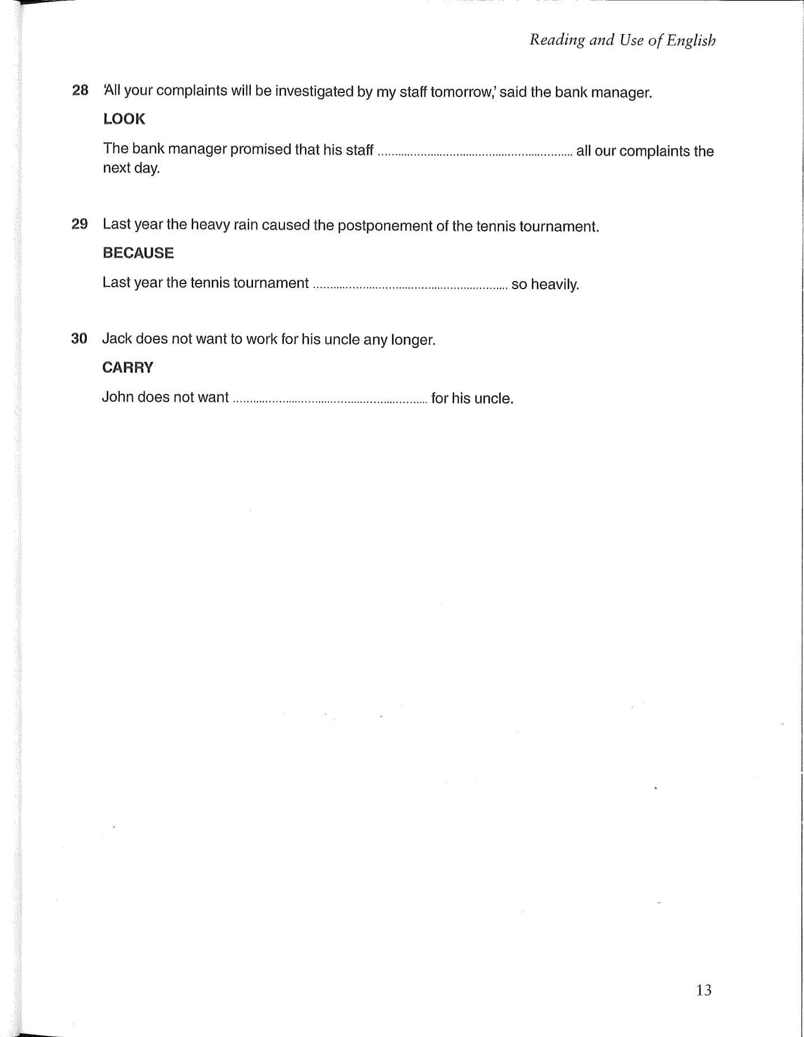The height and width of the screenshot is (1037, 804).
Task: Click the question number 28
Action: (x=80, y=90)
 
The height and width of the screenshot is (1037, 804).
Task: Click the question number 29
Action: (x=80, y=224)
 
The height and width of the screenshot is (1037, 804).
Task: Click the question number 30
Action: (x=79, y=338)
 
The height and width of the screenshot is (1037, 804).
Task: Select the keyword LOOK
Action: (x=124, y=119)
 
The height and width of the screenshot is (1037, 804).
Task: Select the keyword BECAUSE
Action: (x=138, y=253)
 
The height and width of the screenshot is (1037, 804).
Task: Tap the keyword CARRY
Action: (x=128, y=368)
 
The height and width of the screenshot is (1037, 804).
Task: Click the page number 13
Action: (x=704, y=990)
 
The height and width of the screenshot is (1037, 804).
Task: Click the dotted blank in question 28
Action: (x=475, y=151)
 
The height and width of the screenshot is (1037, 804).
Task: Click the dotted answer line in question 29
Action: (x=410, y=285)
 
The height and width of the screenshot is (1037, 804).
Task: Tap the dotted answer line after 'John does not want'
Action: (x=330, y=399)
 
